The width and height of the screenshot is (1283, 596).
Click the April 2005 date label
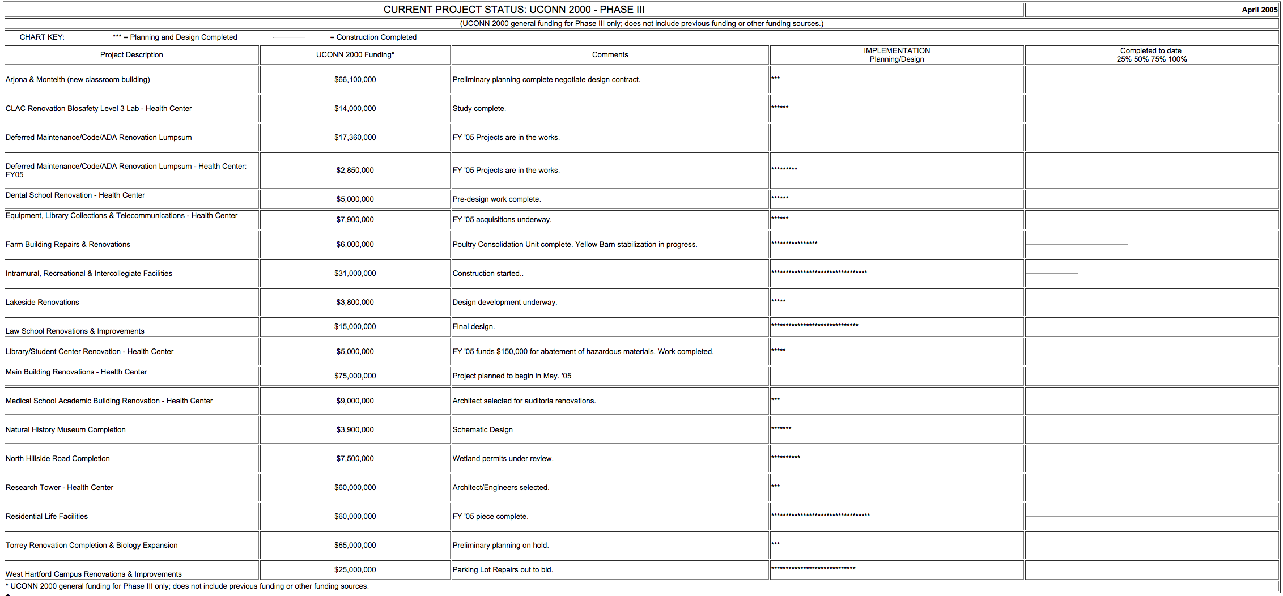tap(1259, 10)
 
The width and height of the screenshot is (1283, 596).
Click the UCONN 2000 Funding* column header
tap(355, 55)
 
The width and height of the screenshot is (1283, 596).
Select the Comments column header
tap(610, 55)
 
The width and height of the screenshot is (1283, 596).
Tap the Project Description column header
tap(131, 55)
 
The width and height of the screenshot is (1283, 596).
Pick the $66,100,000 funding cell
tap(355, 80)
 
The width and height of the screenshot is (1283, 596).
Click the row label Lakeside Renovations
tap(43, 303)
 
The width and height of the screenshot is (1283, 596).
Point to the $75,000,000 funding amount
tap(355, 376)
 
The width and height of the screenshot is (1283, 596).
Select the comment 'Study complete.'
tap(479, 109)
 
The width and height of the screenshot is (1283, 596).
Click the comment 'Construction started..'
tap(488, 274)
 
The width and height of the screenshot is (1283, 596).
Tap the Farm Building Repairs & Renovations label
tap(68, 245)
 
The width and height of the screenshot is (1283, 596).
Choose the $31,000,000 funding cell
tap(355, 274)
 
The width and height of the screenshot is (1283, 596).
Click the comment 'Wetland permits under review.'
tap(503, 459)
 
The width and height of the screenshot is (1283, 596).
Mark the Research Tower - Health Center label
tap(60, 488)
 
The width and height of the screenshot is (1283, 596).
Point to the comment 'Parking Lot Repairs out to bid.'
tap(503, 570)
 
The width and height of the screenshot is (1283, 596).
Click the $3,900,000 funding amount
tap(355, 430)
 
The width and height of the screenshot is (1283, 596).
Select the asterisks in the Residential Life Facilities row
tap(820, 515)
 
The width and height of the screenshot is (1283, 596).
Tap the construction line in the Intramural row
tap(1052, 274)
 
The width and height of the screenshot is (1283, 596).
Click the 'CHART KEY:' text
tap(42, 37)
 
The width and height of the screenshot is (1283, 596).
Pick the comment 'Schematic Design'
tap(482, 430)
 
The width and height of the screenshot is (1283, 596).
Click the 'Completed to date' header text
tap(1150, 51)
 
